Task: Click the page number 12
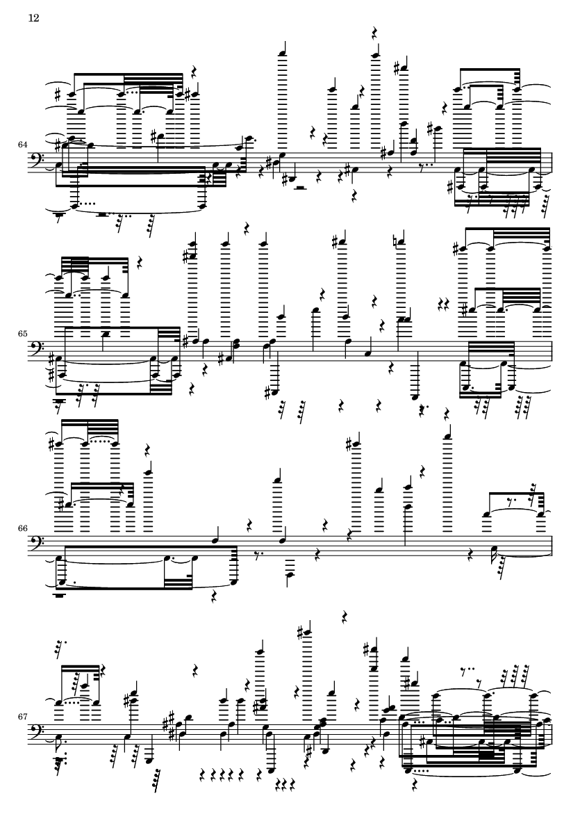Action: [33, 18]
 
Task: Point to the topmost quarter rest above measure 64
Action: [374, 33]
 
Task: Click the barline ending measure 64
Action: [551, 167]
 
